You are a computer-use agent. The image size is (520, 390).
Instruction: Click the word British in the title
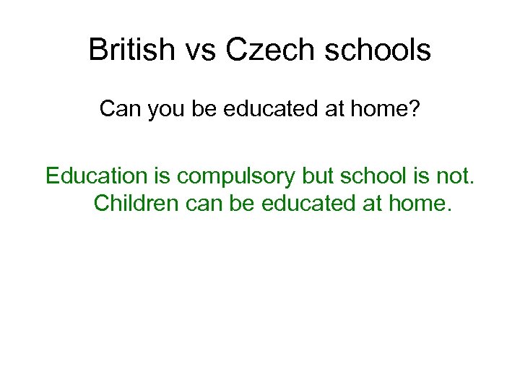[131, 51]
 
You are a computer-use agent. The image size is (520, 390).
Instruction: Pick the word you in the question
[166, 109]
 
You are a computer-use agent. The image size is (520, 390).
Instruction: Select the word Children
[138, 203]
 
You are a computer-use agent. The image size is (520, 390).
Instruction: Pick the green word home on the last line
[422, 203]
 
